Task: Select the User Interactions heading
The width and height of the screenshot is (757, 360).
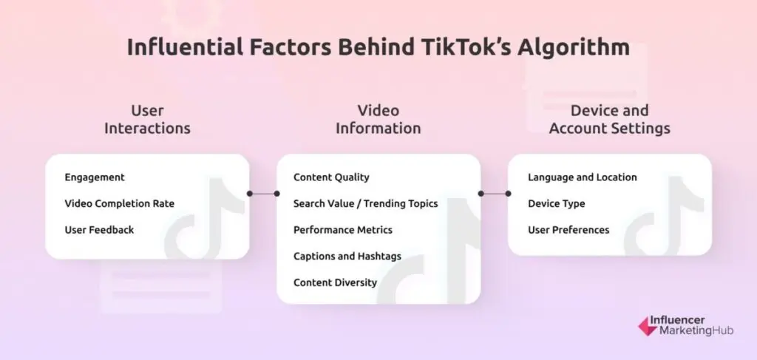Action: [x=147, y=119]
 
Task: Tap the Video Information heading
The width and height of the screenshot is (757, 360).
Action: [x=378, y=119]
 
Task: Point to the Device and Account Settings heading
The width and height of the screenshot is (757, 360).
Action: [x=609, y=119]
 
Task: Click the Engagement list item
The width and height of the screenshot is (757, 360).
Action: [x=95, y=177]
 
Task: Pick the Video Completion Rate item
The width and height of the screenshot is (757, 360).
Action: [x=119, y=203]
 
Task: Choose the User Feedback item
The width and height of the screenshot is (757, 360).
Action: [x=99, y=230]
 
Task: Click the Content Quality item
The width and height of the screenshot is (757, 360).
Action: [x=331, y=177]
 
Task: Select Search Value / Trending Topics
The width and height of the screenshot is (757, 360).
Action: [x=365, y=203]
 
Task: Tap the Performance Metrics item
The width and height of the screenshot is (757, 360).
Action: [x=342, y=230]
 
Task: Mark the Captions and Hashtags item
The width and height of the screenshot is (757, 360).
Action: [x=347, y=256]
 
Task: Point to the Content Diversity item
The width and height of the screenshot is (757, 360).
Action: [x=335, y=282]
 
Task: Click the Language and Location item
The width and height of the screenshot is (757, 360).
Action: [x=582, y=177]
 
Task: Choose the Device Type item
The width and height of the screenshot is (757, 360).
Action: [x=556, y=203]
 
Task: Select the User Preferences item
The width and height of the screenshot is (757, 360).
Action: [x=568, y=230]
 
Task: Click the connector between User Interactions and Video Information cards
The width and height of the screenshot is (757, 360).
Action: [x=263, y=194]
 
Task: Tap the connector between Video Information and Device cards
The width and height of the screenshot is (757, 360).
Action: [x=495, y=194]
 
